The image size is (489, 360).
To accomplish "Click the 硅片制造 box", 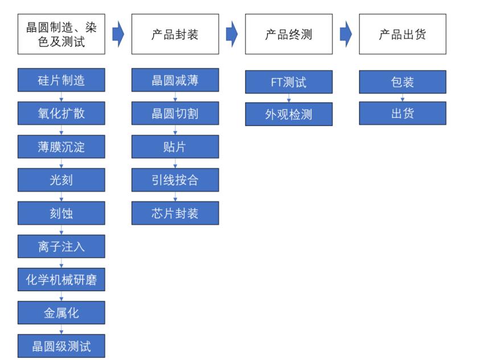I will coord(61,80).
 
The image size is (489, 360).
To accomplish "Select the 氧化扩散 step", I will coord(61,113).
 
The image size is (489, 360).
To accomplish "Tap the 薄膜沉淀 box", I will coord(61,147).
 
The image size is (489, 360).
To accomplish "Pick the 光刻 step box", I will coord(61,180).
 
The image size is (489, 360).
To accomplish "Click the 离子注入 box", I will coord(61,247).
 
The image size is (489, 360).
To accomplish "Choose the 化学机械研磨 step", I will coord(61,280).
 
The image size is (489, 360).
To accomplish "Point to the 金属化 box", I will coord(61,313).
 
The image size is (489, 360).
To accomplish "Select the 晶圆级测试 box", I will coord(61,346).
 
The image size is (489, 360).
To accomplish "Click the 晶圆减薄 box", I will coord(175,80).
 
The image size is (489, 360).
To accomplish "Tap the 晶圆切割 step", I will coord(175,113).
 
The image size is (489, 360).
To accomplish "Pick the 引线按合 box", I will coord(175,180).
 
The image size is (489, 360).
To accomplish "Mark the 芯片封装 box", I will coord(175,213).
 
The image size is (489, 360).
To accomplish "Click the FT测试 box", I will coord(289,82).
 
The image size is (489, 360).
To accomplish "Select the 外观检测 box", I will coord(289,114).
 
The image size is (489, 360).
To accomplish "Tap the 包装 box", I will coord(402,82).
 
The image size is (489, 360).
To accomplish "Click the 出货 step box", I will coord(402,113).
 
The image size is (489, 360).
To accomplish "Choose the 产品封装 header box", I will coord(175,34).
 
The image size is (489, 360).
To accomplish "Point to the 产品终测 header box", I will coord(289,34).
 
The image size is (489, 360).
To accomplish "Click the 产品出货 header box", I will coord(402,34).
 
